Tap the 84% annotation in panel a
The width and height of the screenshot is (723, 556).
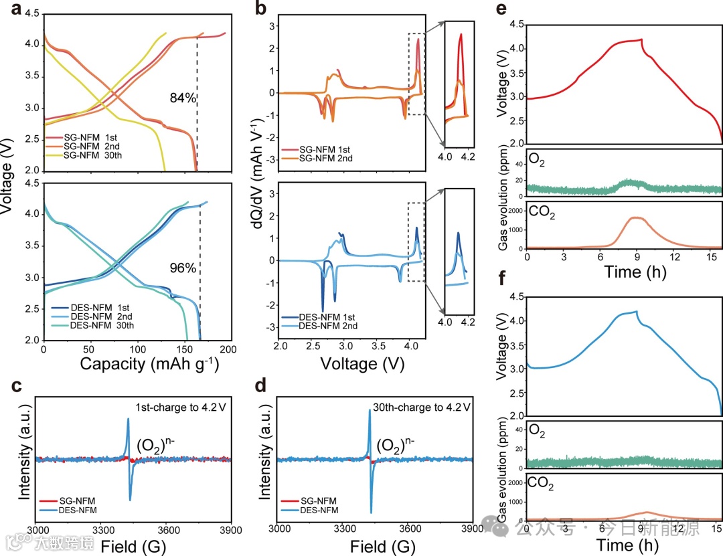[183, 98]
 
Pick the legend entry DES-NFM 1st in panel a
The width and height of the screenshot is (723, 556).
[90, 307]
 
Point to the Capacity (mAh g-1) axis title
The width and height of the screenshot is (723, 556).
[149, 364]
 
